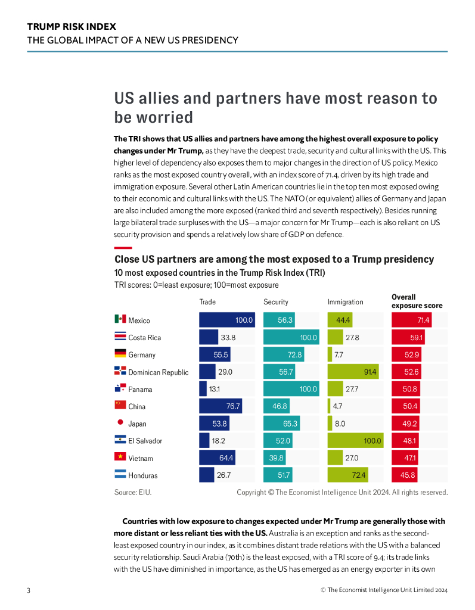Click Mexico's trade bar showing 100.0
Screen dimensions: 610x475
click(x=226, y=320)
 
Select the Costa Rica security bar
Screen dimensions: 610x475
click(x=291, y=337)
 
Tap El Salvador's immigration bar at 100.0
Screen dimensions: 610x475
click(x=355, y=441)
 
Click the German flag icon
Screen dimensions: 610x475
click(x=120, y=354)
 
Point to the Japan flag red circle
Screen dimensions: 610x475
click(x=120, y=423)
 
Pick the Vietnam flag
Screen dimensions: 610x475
click(x=120, y=457)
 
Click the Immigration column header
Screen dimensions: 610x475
click(x=345, y=302)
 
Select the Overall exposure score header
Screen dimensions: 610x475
click(x=417, y=301)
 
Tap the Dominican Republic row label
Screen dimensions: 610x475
click(x=158, y=372)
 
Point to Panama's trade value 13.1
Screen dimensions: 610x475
click(x=215, y=389)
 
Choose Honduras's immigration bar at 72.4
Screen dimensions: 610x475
click(x=347, y=475)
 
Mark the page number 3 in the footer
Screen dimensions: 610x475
click(x=29, y=590)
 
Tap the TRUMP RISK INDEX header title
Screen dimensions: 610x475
click(x=72, y=27)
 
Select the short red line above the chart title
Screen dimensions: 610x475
click(x=123, y=247)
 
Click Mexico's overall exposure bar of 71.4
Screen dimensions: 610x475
click(x=411, y=320)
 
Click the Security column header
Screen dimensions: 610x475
click(x=276, y=302)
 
